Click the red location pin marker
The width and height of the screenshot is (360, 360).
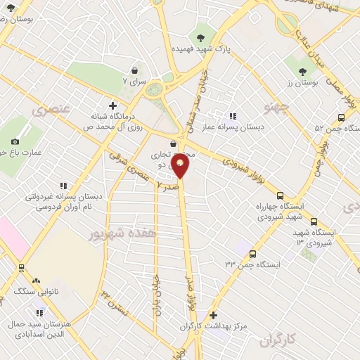[181, 167]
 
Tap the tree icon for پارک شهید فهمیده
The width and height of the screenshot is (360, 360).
[202, 37]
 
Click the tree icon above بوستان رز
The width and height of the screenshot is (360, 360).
[303, 71]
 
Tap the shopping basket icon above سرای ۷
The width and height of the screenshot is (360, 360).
[134, 70]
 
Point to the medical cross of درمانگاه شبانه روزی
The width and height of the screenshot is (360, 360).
[112, 104]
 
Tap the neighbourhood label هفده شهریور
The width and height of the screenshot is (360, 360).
[127, 231]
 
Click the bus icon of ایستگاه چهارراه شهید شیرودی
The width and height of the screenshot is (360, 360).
[281, 196]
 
